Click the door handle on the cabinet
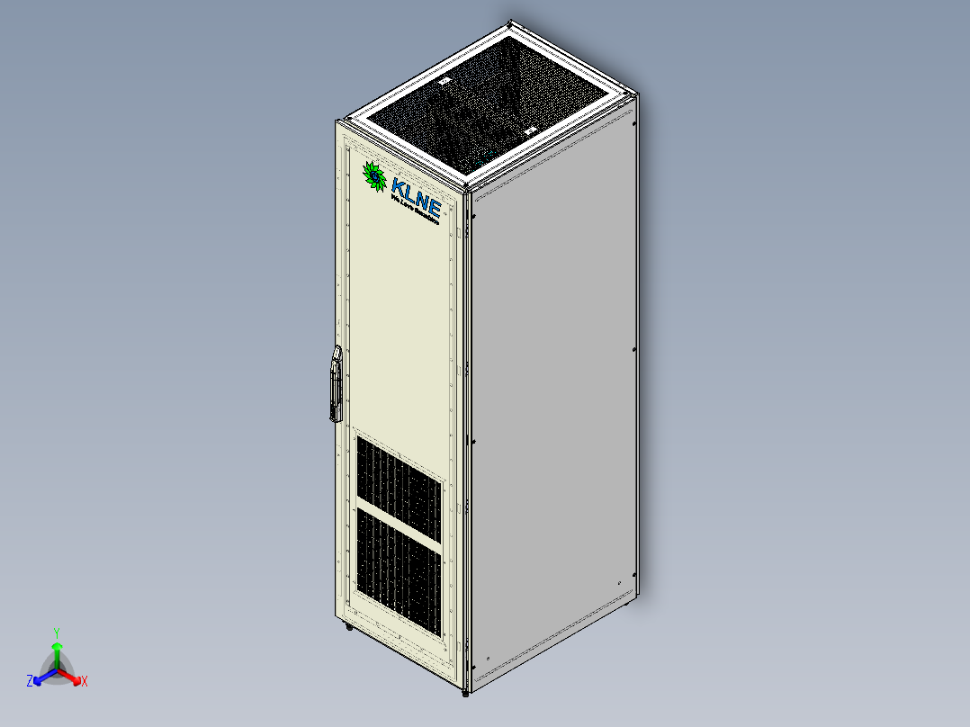tap(335, 385)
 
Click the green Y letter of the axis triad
tap(56, 632)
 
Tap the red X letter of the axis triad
tap(84, 681)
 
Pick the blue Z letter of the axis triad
tap(30, 681)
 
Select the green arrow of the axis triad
tap(56, 650)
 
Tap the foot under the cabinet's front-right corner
tap(465, 694)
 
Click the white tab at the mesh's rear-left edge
tap(443, 82)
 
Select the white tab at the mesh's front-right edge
tap(529, 131)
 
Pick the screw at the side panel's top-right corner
tap(634, 124)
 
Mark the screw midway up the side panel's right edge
tap(634, 349)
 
